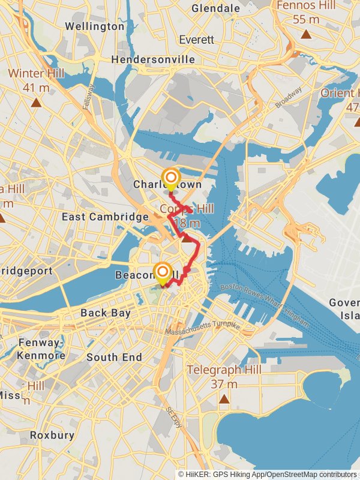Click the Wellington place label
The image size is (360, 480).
[x=94, y=26]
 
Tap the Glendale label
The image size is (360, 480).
[x=215, y=8]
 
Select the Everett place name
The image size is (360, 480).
[x=196, y=40]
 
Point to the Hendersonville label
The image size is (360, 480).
[x=153, y=59]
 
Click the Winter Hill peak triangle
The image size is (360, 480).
[x=36, y=102]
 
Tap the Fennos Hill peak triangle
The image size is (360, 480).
[x=306, y=34]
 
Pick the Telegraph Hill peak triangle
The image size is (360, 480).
[x=224, y=398]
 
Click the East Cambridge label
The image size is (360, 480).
[x=105, y=217]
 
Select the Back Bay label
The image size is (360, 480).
[x=101, y=313]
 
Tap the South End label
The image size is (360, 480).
[x=114, y=357]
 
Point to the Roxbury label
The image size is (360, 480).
[x=52, y=435]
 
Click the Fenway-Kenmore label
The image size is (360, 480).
[x=41, y=349]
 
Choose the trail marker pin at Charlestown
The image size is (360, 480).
[x=171, y=179]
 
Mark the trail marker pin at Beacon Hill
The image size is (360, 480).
[x=162, y=273]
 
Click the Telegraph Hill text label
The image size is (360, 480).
[x=224, y=370]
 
